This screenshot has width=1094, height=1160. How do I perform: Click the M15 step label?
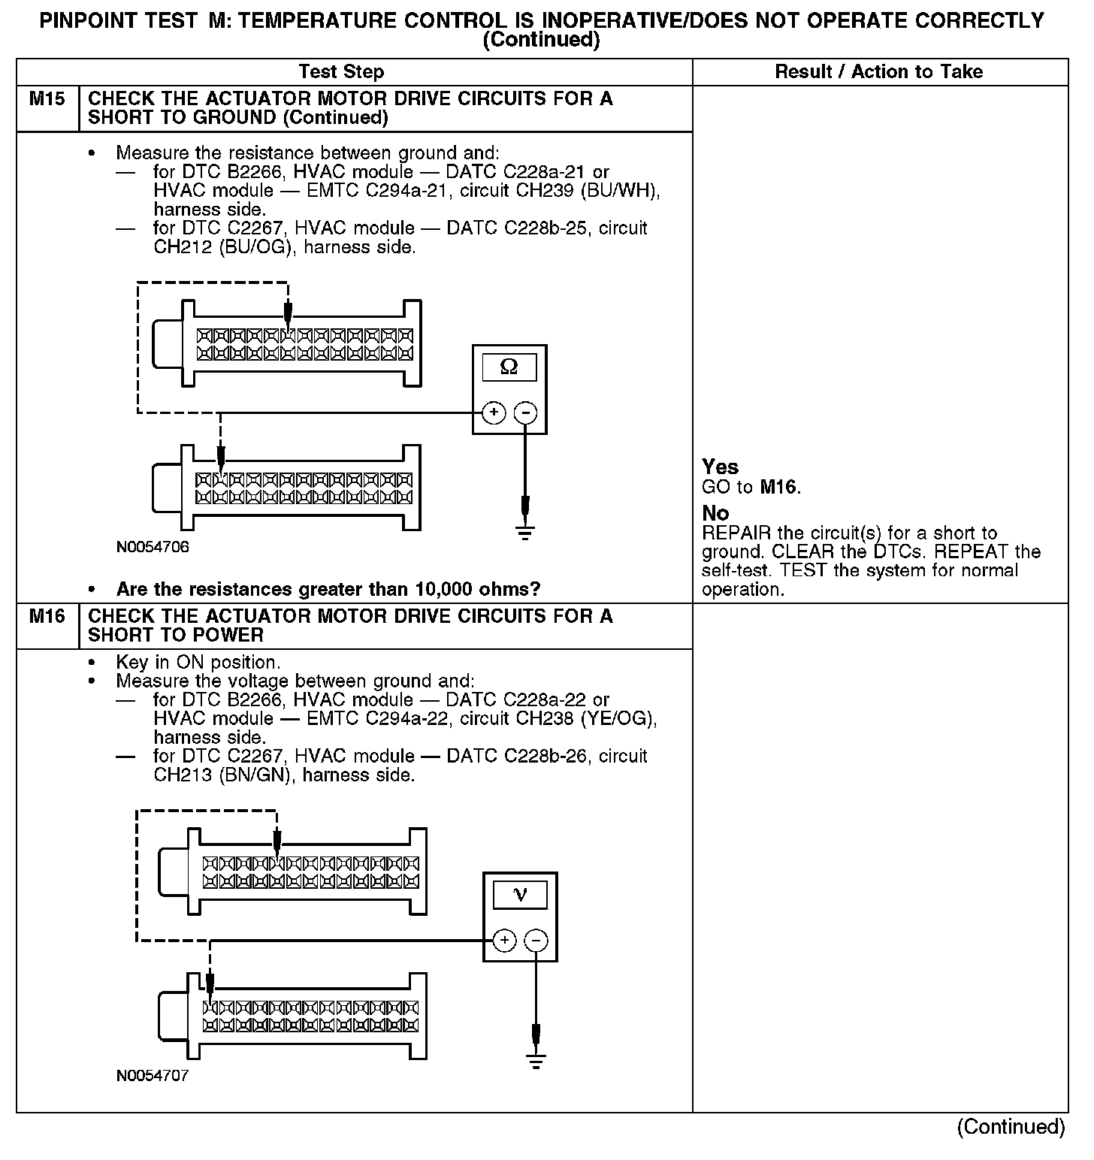47,99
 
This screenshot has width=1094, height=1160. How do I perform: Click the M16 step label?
47,617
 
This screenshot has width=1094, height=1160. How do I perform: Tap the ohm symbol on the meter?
509,367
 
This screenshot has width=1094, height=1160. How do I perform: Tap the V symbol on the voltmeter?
519,894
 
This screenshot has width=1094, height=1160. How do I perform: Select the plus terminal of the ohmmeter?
494,412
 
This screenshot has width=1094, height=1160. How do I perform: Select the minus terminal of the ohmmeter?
525,412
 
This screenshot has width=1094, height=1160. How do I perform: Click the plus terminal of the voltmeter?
504,940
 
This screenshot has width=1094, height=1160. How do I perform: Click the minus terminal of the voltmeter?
536,940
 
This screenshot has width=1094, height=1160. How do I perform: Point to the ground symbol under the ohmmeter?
525,533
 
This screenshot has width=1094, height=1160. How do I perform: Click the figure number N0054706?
153,547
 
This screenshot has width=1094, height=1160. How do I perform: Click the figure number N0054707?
153,1076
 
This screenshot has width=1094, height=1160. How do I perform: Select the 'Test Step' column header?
341,72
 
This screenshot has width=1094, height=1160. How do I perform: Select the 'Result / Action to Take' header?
878,72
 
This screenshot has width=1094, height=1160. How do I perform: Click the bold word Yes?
720,467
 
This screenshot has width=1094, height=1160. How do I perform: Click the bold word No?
715,513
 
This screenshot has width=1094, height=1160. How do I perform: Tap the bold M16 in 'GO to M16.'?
778,487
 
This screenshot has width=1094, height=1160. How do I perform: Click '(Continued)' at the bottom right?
1011,1127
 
